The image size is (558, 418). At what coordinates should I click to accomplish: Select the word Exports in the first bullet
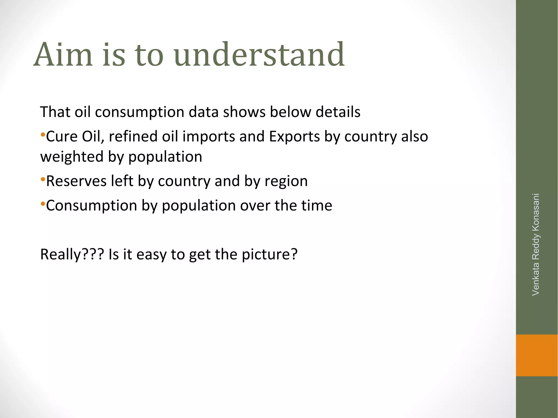tap(294, 136)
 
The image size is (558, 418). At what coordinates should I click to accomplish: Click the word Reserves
tap(76, 181)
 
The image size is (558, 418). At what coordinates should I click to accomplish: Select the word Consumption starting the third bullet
tap(91, 206)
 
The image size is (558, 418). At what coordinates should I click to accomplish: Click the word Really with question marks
tap(72, 255)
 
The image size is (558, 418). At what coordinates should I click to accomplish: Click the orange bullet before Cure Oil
tap(43, 135)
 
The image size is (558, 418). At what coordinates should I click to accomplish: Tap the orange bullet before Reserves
tap(43, 179)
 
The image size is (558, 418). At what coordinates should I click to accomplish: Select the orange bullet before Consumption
tap(43, 204)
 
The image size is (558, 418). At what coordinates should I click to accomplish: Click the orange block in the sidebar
tap(537, 355)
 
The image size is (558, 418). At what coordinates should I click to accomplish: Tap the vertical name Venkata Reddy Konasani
tap(536, 244)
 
